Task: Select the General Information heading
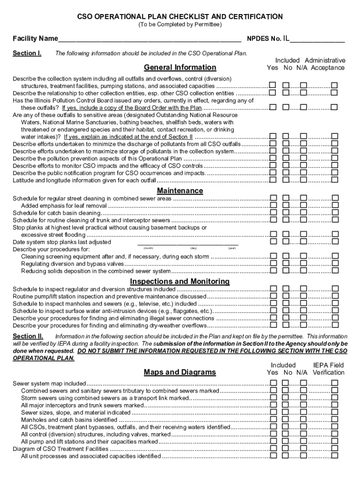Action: [180, 67]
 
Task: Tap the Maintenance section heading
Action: [180, 191]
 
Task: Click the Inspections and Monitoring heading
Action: [180, 282]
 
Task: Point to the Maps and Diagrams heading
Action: [180, 372]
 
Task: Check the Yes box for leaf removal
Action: [273, 205]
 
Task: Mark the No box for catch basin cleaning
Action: [287, 213]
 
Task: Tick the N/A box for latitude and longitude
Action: [303, 180]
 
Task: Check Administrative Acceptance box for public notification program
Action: [335, 173]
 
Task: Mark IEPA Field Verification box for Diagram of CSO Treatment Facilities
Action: [335, 449]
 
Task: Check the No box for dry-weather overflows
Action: [287, 325]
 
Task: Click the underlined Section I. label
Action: [27, 53]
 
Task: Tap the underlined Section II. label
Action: [28, 336]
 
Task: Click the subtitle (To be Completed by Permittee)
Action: [180, 24]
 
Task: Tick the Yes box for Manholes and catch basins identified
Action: [273, 420]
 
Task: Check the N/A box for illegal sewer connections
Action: [303, 318]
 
